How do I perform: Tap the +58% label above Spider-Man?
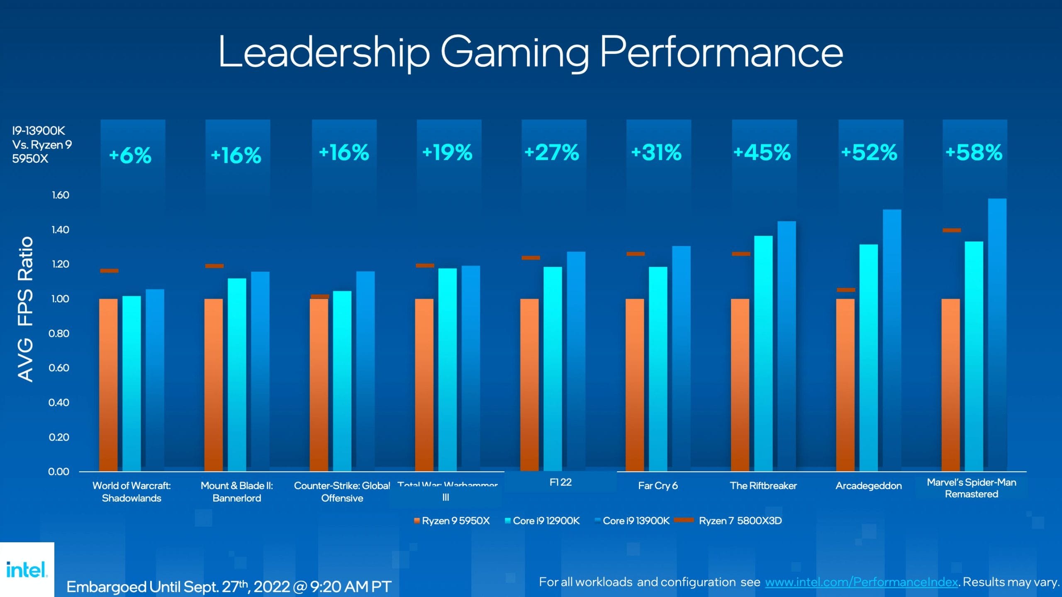[974, 152]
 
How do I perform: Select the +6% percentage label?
[130, 156]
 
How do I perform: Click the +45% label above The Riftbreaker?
[762, 152]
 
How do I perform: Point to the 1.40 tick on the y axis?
[61, 229]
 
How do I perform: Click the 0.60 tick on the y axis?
[59, 368]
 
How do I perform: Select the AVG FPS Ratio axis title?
[25, 309]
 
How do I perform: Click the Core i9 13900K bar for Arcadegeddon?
[891, 340]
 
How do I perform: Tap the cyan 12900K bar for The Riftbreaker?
[763, 353]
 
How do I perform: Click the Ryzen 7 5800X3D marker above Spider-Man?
[951, 230]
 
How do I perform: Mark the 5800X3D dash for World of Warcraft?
[109, 271]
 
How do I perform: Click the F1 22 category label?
[560, 482]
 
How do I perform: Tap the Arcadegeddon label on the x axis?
[868, 485]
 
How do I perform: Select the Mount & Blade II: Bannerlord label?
[236, 492]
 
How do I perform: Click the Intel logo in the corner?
[27, 570]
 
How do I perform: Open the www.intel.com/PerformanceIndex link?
[861, 582]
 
